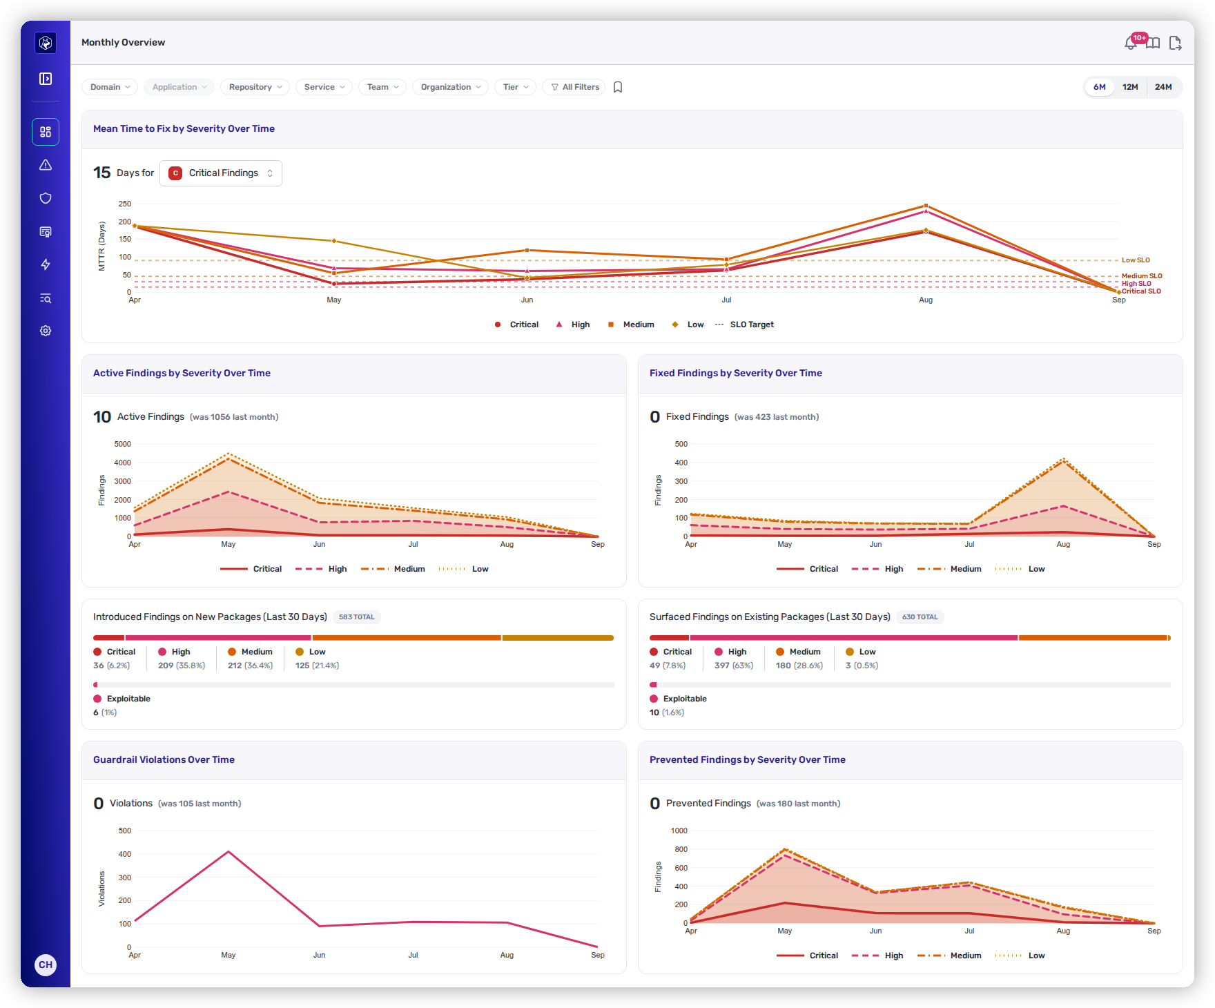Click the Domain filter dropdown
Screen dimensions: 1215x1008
pyautogui.click(x=110, y=87)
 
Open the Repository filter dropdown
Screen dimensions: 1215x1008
pyautogui.click(x=255, y=87)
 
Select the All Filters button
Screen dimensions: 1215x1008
pyautogui.click(x=574, y=87)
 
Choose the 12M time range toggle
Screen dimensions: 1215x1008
pyautogui.click(x=1130, y=87)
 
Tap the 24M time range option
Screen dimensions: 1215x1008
pyautogui.click(x=1163, y=87)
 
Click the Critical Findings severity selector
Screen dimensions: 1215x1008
pyautogui.click(x=221, y=173)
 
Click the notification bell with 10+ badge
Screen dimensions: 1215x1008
pyautogui.click(x=1131, y=43)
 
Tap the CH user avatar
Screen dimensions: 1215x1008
pyautogui.click(x=46, y=965)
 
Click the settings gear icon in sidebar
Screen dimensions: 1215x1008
pyautogui.click(x=46, y=331)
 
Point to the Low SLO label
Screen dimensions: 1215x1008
pyautogui.click(x=1136, y=260)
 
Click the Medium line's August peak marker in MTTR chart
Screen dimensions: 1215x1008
pyautogui.click(x=926, y=206)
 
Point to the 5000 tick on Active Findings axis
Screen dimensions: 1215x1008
pyautogui.click(x=123, y=444)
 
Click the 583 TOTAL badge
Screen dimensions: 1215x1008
pyautogui.click(x=357, y=617)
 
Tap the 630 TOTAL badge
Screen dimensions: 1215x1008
pyautogui.click(x=920, y=617)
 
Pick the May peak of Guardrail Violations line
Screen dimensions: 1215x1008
pyautogui.click(x=229, y=852)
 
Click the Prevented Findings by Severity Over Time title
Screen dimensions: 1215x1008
pyautogui.click(x=748, y=759)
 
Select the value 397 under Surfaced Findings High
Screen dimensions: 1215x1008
pyautogui.click(x=722, y=666)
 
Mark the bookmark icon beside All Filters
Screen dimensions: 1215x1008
pyautogui.click(x=618, y=87)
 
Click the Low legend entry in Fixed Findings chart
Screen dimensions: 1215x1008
pyautogui.click(x=1020, y=569)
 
